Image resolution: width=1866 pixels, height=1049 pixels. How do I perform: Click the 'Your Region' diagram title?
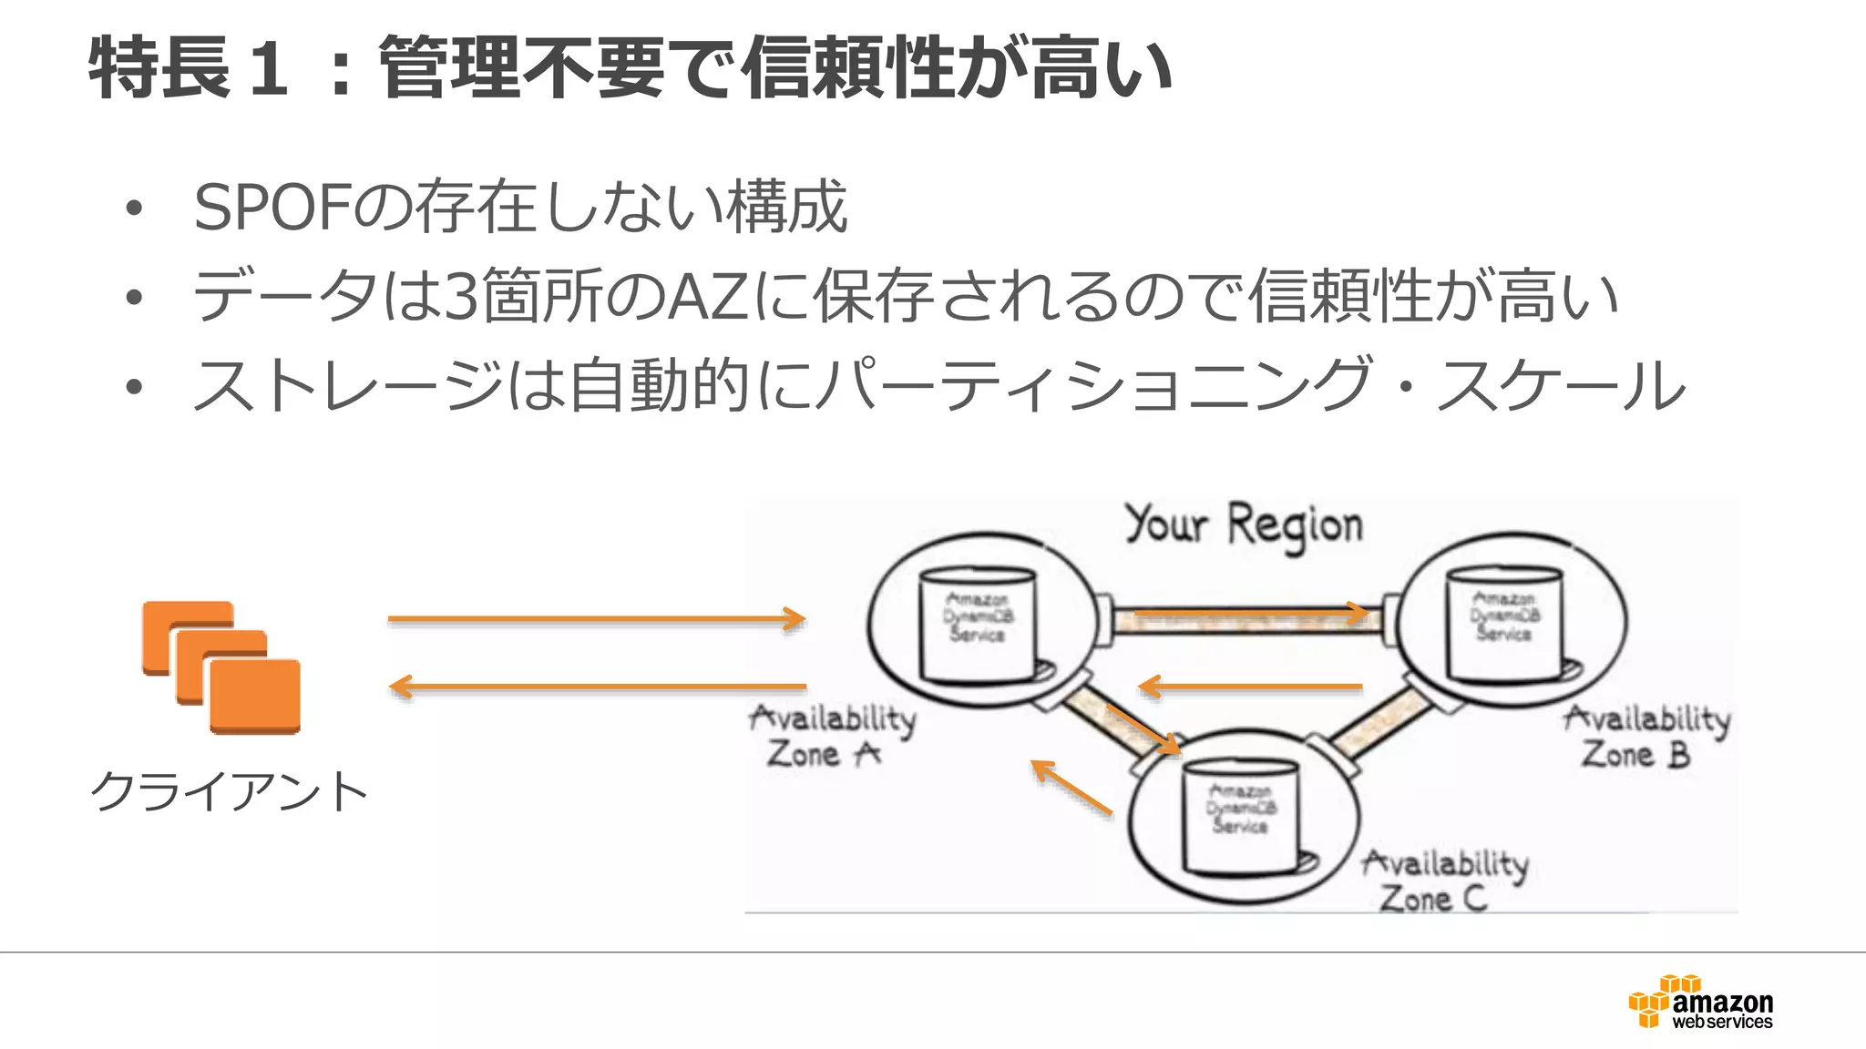coord(1244,525)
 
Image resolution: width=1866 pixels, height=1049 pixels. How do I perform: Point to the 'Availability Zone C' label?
coord(1443,881)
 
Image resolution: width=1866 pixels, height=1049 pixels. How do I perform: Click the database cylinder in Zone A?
coord(978,625)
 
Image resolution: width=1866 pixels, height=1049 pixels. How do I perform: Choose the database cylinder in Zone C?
coord(1240,815)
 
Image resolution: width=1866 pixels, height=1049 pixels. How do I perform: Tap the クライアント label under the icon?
coord(229,790)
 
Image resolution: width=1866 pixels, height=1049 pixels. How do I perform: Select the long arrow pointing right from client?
coord(597,619)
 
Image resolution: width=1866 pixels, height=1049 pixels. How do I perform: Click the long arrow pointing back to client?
coord(597,687)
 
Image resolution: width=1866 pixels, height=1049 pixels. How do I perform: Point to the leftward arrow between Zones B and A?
coord(1250,687)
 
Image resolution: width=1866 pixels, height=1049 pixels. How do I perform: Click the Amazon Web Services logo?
coord(1701,1003)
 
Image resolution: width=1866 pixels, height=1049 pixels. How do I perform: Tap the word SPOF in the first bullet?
coord(272,208)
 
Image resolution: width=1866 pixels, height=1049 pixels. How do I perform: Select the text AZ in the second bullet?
coord(709,297)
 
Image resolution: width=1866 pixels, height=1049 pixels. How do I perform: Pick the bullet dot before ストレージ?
coord(135,387)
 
